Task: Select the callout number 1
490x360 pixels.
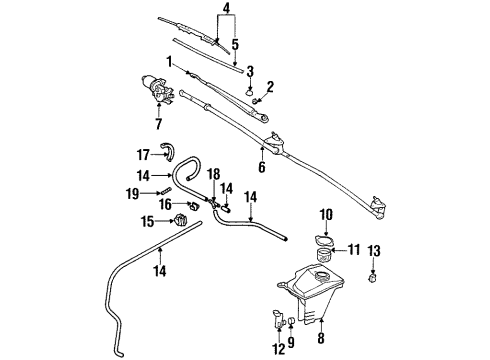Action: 170,62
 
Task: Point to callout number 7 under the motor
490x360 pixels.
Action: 158,125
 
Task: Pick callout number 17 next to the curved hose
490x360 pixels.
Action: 144,153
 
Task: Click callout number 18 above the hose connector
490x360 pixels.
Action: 213,173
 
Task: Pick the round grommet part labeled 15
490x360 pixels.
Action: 181,220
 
